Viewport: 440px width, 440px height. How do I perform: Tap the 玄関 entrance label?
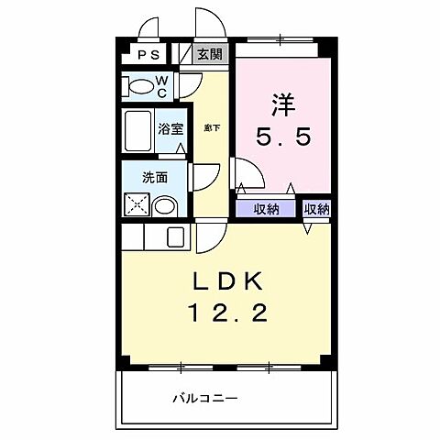point(209,55)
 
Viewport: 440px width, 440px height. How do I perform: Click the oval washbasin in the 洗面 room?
point(165,205)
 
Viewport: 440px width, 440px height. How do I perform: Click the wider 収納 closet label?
point(267,209)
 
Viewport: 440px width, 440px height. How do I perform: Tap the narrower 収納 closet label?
point(316,209)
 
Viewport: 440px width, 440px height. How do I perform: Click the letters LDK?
point(227,280)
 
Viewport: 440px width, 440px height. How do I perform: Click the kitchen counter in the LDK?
point(156,237)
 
